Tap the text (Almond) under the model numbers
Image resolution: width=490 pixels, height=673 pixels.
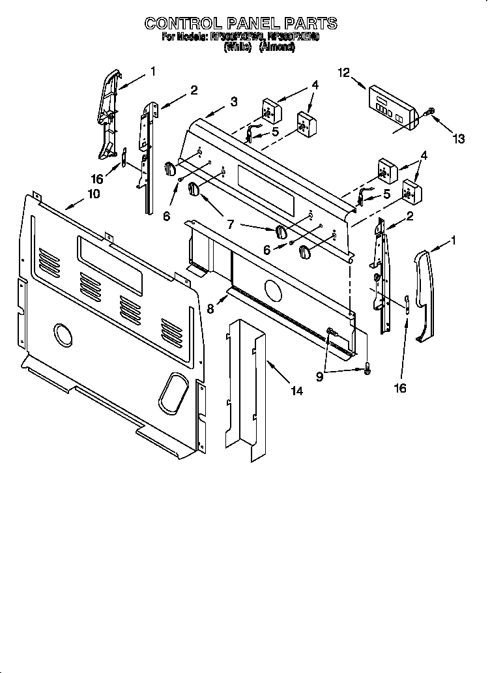point(277,48)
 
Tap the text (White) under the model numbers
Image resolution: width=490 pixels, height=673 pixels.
point(237,48)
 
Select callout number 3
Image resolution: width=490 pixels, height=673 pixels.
point(233,101)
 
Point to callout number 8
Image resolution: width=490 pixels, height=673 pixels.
point(210,309)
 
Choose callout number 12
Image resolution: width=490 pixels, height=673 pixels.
point(343,73)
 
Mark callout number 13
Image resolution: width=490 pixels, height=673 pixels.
point(459,138)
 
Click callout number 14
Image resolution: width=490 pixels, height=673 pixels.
point(296,391)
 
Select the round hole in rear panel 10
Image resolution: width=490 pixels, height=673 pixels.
point(63,335)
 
